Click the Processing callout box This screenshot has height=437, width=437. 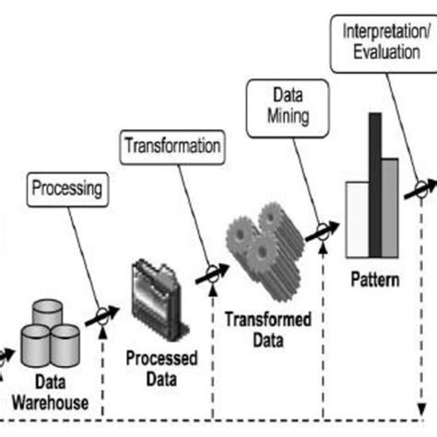65,192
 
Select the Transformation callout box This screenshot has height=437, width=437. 171,146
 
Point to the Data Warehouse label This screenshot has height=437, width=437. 51,393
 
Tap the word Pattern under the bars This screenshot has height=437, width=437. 373,278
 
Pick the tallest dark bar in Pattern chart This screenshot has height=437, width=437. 376,190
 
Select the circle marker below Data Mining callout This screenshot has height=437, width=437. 323,231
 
